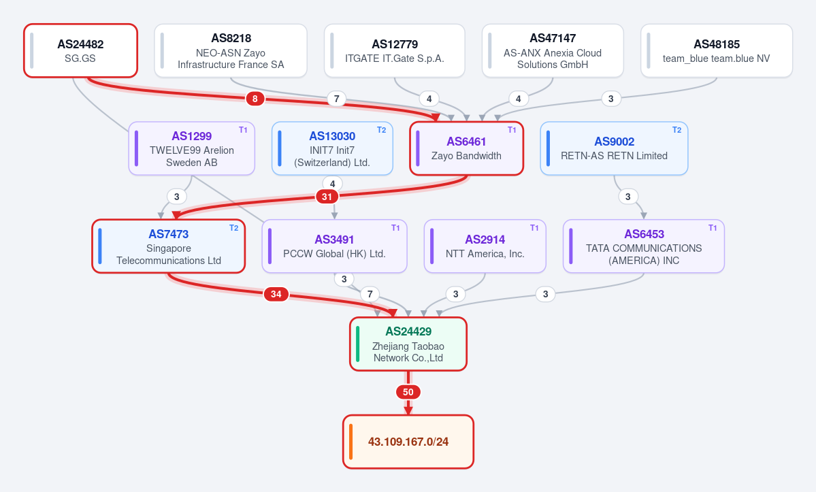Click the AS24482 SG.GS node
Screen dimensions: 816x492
pos(81,50)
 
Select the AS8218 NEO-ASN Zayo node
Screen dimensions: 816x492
pos(231,50)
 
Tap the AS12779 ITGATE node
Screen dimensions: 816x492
pos(395,50)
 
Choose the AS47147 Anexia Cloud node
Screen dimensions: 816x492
pos(553,50)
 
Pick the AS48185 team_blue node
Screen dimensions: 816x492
pos(717,50)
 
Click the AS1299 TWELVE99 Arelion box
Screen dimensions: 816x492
pos(191,148)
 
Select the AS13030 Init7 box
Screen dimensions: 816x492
pos(332,148)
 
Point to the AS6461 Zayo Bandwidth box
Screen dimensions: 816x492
pos(466,148)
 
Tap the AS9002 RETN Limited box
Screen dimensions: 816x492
pos(614,148)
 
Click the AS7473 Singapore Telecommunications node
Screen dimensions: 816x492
pos(169,246)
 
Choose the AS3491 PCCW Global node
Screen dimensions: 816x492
pos(334,246)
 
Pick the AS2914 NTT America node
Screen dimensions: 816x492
pos(485,246)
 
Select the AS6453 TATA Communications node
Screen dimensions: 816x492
pos(644,246)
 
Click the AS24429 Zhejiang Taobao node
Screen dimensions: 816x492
pos(408,344)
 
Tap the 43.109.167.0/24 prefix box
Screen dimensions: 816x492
pos(408,442)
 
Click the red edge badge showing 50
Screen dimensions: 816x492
pos(408,392)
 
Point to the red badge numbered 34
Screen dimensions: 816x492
pos(276,295)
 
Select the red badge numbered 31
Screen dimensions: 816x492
pos(327,197)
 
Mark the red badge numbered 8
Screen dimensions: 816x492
pos(255,99)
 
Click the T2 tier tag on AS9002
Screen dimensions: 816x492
pos(676,130)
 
